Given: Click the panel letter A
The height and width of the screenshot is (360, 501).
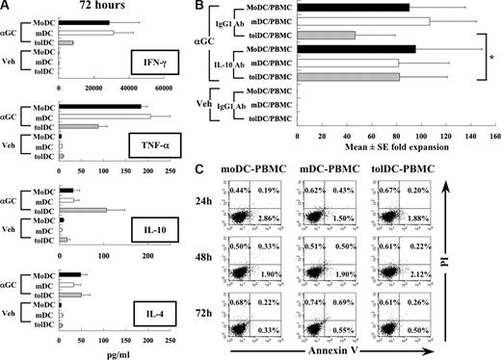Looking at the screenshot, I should tap(6, 7).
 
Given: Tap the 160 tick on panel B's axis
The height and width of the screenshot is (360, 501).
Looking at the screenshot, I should tap(495, 136).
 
